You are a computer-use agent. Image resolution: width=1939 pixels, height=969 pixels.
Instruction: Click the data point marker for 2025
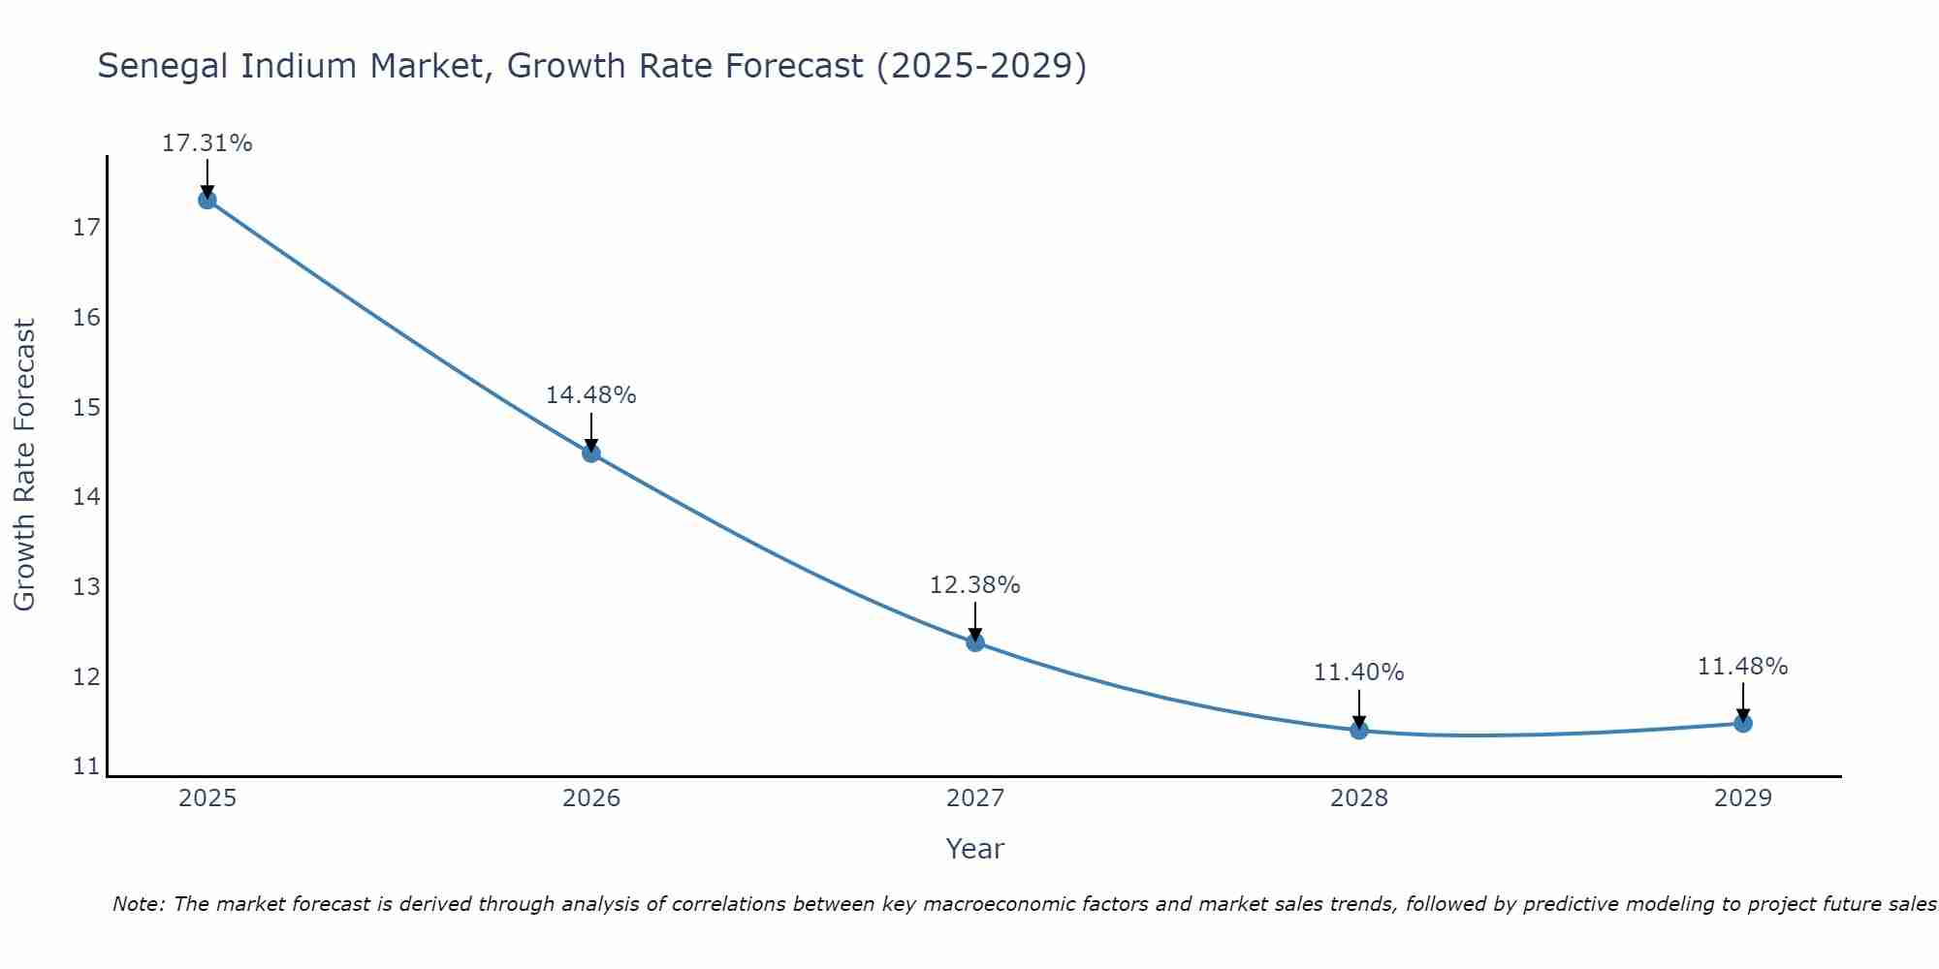pyautogui.click(x=207, y=200)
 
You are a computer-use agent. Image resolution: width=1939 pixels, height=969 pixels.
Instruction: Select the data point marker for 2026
pyautogui.click(x=591, y=453)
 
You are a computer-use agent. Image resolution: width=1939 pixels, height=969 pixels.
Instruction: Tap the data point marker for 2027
pyautogui.click(x=975, y=641)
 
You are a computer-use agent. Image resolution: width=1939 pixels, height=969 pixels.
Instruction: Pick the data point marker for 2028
pyautogui.click(x=1359, y=730)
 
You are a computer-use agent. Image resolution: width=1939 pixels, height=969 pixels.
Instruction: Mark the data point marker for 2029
pyautogui.click(x=1742, y=723)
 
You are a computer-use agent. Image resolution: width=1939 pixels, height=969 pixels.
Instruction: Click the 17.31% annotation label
pyautogui.click(x=207, y=143)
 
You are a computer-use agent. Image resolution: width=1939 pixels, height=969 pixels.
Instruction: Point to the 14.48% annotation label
pyautogui.click(x=590, y=395)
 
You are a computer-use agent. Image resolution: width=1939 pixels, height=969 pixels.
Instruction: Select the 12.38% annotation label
pyautogui.click(x=974, y=585)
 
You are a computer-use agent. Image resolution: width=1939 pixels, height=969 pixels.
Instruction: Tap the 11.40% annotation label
pyautogui.click(x=1358, y=672)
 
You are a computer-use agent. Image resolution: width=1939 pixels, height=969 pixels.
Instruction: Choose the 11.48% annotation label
pyautogui.click(x=1742, y=667)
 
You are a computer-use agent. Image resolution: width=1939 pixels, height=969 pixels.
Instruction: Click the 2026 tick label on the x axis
pyautogui.click(x=591, y=798)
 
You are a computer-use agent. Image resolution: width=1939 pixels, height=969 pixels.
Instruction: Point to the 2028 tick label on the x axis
pyautogui.click(x=1359, y=798)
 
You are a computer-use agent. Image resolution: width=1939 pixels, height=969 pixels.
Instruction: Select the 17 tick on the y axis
pyautogui.click(x=86, y=229)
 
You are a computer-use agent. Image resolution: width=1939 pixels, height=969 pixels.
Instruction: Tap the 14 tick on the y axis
pyautogui.click(x=86, y=497)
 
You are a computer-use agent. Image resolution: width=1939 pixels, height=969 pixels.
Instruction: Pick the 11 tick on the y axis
pyautogui.click(x=86, y=766)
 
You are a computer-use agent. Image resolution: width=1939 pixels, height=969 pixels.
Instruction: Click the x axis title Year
pyautogui.click(x=974, y=849)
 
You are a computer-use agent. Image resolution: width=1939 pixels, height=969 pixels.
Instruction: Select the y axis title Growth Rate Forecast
pyautogui.click(x=24, y=465)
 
